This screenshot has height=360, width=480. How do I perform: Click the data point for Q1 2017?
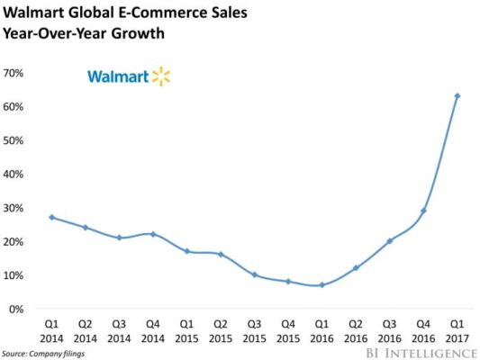(x=457, y=95)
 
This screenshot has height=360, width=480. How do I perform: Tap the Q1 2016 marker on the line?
(x=322, y=285)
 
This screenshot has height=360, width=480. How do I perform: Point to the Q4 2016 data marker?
(x=423, y=211)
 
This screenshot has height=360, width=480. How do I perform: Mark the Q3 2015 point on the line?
(x=253, y=274)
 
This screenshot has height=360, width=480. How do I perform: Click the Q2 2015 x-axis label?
(x=219, y=328)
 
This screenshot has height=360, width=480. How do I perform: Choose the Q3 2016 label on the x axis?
(x=389, y=328)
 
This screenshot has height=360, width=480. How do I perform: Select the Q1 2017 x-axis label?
(x=457, y=328)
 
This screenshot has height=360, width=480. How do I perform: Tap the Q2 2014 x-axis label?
(x=84, y=328)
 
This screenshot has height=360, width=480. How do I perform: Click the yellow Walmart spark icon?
(x=159, y=76)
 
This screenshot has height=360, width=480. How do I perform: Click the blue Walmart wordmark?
(x=117, y=76)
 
